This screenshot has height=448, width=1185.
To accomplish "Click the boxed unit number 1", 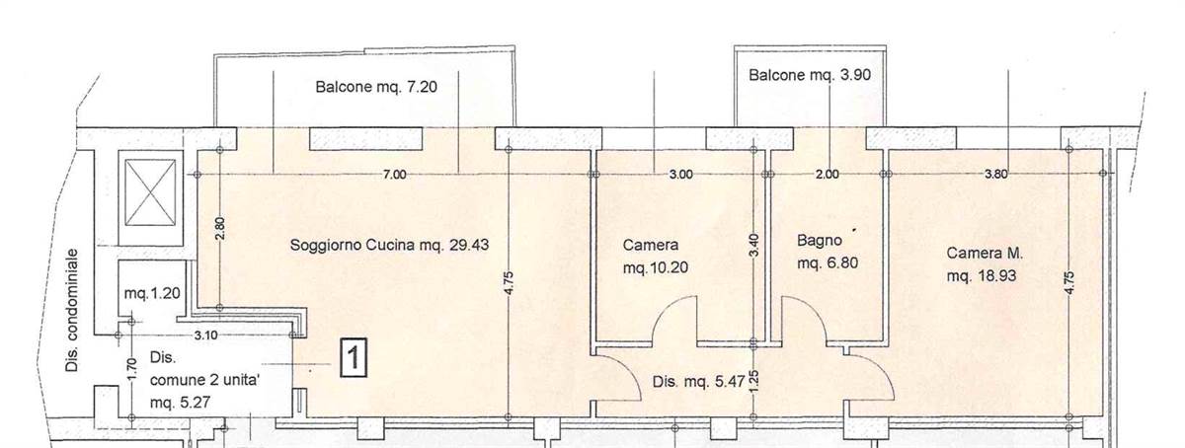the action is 353,358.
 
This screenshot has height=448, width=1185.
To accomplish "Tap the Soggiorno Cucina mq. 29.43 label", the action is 389,246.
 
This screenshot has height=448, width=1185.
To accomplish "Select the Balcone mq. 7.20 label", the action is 376,87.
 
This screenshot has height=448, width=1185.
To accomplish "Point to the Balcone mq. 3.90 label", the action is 810,75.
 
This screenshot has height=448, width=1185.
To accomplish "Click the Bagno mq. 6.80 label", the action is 828,252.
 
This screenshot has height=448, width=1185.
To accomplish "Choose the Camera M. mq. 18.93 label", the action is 985,264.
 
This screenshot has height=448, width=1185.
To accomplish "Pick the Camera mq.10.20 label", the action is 656,257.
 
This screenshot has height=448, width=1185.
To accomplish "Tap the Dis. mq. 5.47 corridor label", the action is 699,382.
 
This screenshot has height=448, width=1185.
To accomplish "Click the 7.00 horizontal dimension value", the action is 395,174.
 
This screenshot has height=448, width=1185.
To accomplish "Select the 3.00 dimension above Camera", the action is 680,174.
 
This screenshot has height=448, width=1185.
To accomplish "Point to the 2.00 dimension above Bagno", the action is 827,174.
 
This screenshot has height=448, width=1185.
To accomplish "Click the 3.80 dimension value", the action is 995,174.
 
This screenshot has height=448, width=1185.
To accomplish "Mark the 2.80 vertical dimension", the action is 220,228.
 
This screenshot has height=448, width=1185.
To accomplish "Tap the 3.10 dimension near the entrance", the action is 205,336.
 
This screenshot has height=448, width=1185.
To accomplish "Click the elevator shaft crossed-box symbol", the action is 150,192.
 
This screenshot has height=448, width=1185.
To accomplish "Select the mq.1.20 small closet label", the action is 152,293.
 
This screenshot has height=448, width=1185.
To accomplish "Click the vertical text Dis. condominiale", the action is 72,311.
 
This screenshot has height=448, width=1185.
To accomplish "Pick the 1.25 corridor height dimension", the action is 754,381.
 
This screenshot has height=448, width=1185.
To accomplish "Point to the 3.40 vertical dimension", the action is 754,246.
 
